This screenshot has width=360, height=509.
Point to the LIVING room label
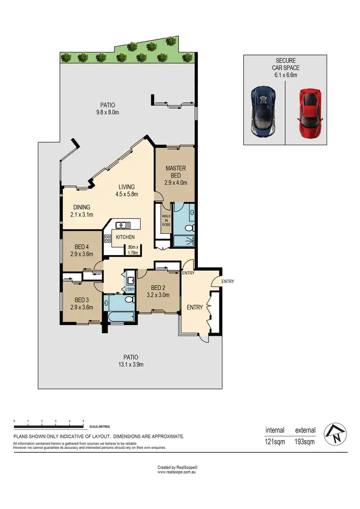coord(127,191)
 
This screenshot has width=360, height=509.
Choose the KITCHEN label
coord(125,237)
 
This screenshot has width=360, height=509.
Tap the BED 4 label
coord(81,250)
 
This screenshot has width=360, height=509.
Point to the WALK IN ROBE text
coord(166,219)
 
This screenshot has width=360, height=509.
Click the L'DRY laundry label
coord(130,289)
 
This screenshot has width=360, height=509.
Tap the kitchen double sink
coord(122,224)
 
